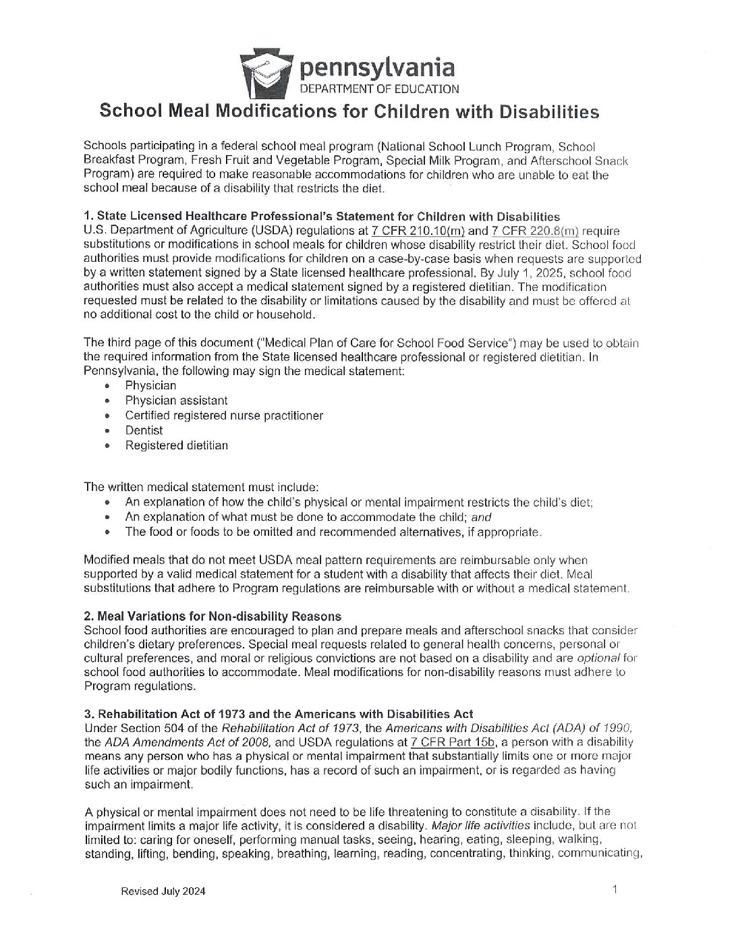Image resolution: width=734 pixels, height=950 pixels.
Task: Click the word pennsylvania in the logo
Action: pos(376,67)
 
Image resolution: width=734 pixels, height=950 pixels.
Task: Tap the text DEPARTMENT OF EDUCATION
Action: pos(379,88)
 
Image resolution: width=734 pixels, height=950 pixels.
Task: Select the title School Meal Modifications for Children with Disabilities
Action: pos(349,111)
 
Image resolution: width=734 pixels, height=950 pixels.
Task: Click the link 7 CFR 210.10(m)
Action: pos(418,231)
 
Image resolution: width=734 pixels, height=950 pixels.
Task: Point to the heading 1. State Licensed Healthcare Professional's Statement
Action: pos(321,217)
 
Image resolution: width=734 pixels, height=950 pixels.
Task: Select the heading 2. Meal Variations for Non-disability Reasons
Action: pos(213,616)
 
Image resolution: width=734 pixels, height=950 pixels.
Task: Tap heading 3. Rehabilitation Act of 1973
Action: pos(278,714)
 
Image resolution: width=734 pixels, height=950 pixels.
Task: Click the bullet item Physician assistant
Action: pos(176,401)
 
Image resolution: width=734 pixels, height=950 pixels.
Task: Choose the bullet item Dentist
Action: pos(144,430)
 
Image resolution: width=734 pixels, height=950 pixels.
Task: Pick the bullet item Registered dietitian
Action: pos(176,445)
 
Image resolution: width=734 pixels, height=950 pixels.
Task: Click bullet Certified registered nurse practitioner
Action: pos(223,416)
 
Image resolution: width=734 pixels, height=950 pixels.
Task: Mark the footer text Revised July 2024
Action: pos(163,891)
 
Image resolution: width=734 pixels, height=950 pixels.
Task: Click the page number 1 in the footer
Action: pos(615,890)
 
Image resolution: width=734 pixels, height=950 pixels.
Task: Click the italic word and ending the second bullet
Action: pos(481,518)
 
